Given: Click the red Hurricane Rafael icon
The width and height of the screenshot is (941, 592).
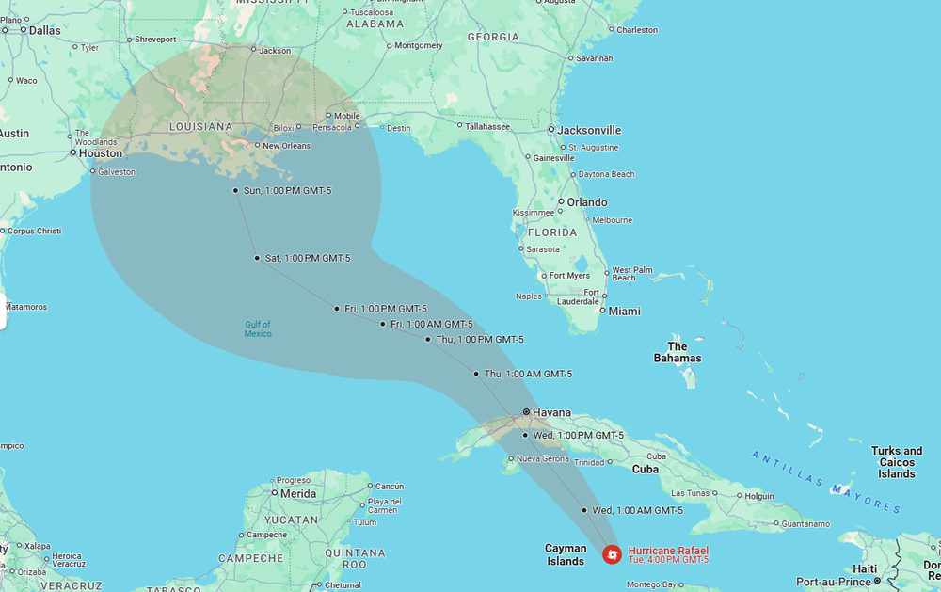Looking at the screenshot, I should click(x=612, y=554).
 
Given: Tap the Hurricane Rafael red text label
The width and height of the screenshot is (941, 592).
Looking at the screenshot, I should click(x=668, y=551).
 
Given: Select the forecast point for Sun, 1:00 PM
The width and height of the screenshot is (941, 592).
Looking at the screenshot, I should click(x=235, y=190).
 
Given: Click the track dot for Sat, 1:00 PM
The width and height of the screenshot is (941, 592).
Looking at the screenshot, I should click(x=257, y=258).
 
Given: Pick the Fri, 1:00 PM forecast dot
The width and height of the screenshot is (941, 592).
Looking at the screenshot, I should click(x=337, y=309).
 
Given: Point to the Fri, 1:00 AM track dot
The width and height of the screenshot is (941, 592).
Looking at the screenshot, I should click(x=383, y=324).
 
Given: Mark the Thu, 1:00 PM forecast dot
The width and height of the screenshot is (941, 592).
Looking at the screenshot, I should click(x=428, y=339).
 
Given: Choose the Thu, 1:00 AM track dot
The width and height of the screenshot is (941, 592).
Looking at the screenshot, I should click(x=476, y=374).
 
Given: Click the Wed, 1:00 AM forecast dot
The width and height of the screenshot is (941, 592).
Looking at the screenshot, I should click(x=584, y=510).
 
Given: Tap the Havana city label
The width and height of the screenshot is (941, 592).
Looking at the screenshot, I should click(x=551, y=412).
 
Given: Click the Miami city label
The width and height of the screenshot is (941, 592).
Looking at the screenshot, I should click(x=624, y=311).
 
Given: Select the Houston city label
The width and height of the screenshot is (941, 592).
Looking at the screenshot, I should click(x=101, y=152).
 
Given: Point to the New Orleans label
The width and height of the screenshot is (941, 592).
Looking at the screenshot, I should click(x=286, y=146).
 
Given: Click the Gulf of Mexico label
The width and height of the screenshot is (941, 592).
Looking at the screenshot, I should click(x=258, y=328).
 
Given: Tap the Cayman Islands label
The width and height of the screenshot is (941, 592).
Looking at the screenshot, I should click(x=566, y=555).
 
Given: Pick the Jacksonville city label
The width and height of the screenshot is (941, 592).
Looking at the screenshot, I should click(x=590, y=130).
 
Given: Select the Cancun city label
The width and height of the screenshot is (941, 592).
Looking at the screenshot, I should click(x=389, y=486).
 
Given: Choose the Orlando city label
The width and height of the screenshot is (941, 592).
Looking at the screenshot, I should click(x=586, y=202).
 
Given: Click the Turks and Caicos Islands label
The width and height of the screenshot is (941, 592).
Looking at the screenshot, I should click(x=897, y=462).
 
